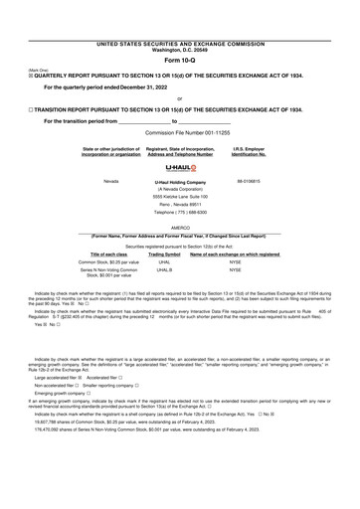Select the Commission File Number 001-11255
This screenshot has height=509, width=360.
coord(180,132)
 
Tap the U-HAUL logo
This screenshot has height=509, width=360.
coord(180,169)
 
